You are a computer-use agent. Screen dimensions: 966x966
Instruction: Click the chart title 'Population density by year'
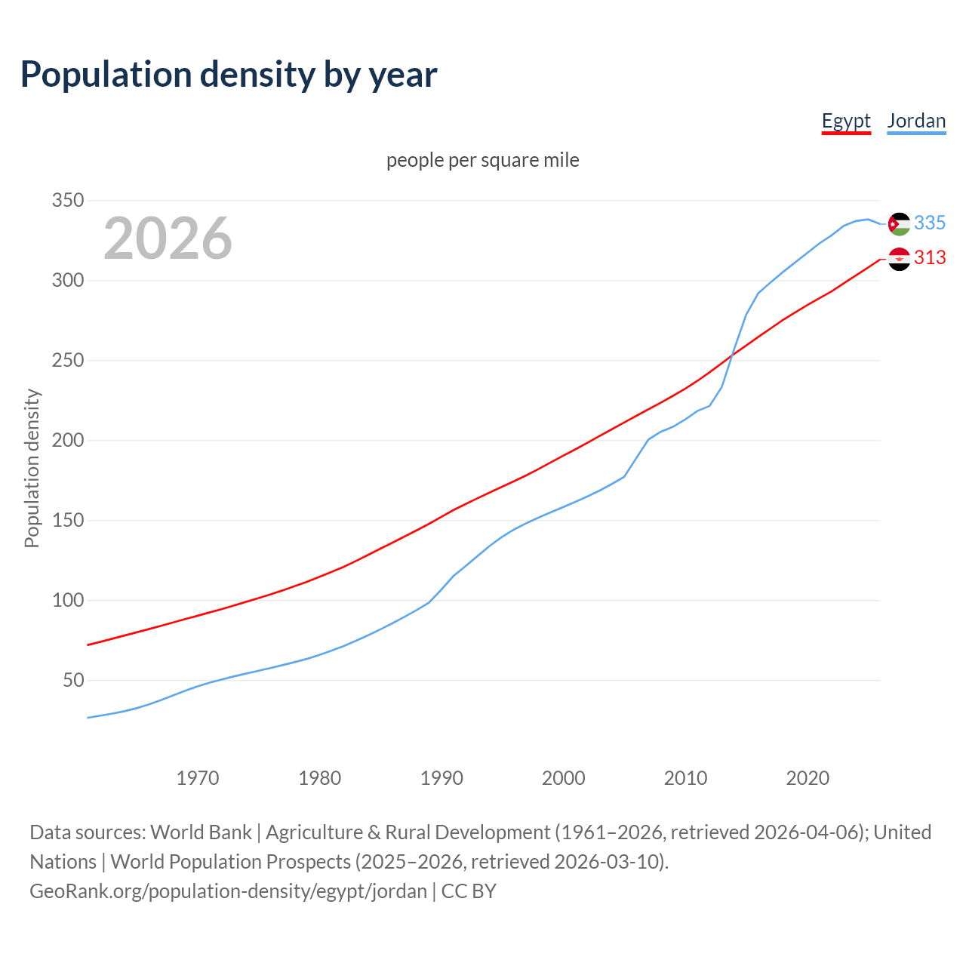(229, 75)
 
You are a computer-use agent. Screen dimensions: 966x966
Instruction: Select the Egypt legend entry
(846, 121)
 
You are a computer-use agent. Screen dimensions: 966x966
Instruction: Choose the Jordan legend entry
(916, 121)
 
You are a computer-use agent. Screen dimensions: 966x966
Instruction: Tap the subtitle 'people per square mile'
(483, 160)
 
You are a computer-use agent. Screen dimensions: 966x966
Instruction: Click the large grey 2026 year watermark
(168, 238)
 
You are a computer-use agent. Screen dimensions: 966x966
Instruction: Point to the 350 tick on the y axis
(67, 201)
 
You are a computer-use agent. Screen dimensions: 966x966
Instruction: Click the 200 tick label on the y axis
(67, 441)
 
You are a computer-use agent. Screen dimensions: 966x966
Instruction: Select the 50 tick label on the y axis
(72, 681)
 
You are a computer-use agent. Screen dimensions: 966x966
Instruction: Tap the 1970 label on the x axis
(198, 778)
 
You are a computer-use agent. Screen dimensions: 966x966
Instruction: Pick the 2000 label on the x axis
(564, 778)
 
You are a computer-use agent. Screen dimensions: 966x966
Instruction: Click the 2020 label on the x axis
(808, 778)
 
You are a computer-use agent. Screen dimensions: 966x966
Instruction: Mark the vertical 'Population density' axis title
(32, 468)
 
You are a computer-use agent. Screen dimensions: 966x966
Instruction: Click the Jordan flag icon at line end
(899, 224)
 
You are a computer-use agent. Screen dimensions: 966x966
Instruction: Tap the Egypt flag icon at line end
(899, 259)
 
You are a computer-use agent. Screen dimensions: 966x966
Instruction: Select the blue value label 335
(930, 223)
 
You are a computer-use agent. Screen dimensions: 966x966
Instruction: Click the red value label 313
(930, 258)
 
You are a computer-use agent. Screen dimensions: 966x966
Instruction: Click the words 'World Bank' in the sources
(201, 832)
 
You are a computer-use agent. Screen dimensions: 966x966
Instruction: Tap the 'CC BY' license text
(469, 891)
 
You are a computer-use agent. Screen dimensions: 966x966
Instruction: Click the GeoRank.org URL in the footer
(228, 891)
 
